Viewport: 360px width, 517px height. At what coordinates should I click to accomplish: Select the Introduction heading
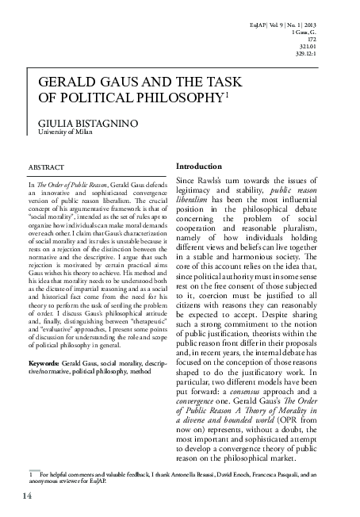(x=199, y=167)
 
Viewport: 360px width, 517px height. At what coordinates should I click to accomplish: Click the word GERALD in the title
(x=62, y=82)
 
